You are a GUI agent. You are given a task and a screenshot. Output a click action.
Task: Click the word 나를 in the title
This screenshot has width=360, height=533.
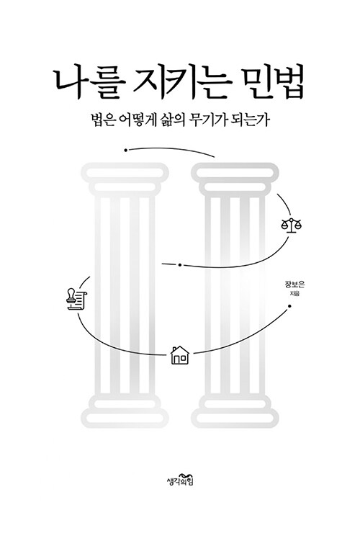[x=90, y=85]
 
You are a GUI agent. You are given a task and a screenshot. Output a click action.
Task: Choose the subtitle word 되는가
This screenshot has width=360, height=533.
[x=252, y=121]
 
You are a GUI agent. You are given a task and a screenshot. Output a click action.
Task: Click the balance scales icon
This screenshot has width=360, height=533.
[x=292, y=225]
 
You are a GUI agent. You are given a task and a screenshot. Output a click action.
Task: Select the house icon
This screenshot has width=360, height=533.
[x=179, y=355]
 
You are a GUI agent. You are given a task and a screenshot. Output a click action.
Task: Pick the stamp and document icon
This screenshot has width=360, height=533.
[x=76, y=299]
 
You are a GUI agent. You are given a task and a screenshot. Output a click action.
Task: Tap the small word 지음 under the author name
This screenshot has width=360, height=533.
[x=294, y=295]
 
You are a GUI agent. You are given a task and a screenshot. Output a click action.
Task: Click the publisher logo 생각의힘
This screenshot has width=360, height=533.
[x=180, y=479]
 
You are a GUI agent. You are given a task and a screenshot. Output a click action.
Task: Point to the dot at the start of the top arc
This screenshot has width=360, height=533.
[x=126, y=150]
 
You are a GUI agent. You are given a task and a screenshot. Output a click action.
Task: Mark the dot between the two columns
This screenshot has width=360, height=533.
[x=180, y=265]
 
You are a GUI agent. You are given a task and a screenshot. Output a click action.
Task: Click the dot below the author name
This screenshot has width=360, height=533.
[x=289, y=306]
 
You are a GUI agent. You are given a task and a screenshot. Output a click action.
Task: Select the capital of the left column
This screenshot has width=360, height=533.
[x=125, y=179]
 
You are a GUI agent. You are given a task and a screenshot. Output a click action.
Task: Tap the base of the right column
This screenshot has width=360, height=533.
[x=235, y=411]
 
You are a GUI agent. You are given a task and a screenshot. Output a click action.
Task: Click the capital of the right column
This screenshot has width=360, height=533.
[x=235, y=179]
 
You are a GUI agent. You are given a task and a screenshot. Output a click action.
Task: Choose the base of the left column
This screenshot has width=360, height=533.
[x=125, y=411]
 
